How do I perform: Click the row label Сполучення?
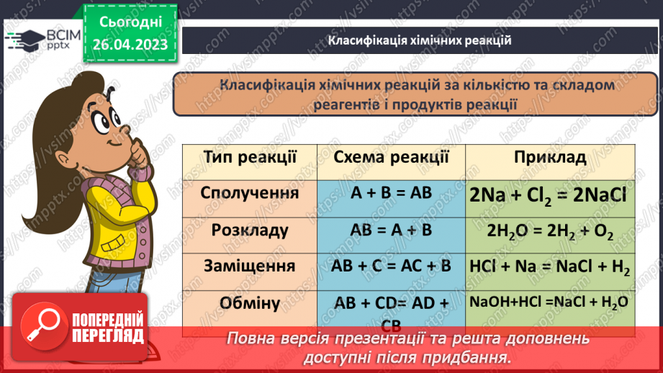pyautogui.click(x=240, y=194)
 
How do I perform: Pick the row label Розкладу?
pyautogui.click(x=240, y=231)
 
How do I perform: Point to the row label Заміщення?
pyautogui.click(x=240, y=266)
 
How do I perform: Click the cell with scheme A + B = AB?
pyautogui.click(x=391, y=194)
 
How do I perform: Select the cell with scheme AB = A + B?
pyautogui.click(x=391, y=231)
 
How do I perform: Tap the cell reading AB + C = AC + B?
pyautogui.click(x=391, y=266)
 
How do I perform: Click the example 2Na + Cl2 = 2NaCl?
pyautogui.click(x=549, y=196)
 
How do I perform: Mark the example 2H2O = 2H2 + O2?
pyautogui.click(x=549, y=232)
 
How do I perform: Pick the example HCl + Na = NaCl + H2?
pyautogui.click(x=549, y=267)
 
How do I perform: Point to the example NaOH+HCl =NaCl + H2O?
pyautogui.click(x=549, y=302)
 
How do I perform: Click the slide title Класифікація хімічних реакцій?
pyautogui.click(x=420, y=40)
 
